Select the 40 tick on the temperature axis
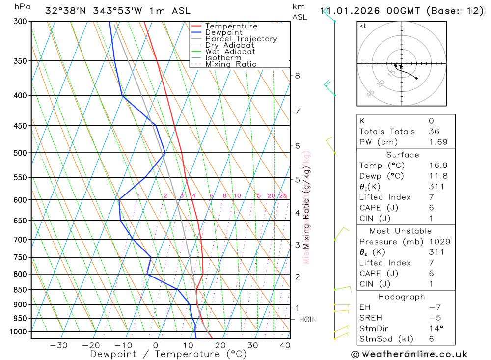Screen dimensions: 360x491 pos(285,345)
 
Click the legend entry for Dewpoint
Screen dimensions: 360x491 pos(224,32)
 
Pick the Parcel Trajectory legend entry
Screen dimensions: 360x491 pos(241,39)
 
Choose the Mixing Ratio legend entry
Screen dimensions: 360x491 pos(231,64)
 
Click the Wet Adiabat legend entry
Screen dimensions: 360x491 pos(230,52)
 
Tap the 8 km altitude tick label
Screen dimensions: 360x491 pos(297,75)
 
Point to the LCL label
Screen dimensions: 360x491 pos(306,320)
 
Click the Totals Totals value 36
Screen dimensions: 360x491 pos(434,132)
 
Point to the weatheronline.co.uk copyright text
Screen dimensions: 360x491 pos(409,354)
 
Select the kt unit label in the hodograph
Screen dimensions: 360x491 pos(363,26)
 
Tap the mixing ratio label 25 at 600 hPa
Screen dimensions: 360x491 pos(283,195)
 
